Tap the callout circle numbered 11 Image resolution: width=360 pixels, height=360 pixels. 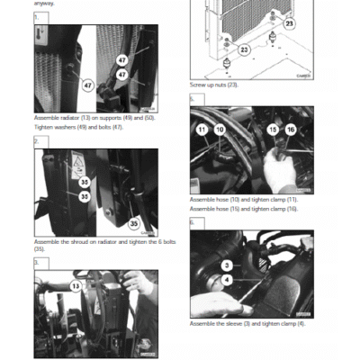(x=202, y=130)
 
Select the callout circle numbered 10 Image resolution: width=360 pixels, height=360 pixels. (x=218, y=130)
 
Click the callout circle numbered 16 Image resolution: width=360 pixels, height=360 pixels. (x=290, y=130)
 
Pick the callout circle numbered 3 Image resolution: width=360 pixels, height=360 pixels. (x=227, y=265)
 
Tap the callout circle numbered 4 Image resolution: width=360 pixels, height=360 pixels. (x=227, y=280)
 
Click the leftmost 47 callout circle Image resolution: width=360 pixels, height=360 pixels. (x=88, y=85)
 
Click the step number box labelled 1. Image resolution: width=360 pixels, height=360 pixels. (x=36, y=17)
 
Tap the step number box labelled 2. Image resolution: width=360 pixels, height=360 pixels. (x=36, y=141)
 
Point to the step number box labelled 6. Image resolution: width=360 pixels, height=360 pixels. (x=192, y=222)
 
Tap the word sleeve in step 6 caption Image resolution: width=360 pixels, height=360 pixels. (x=238, y=322)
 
